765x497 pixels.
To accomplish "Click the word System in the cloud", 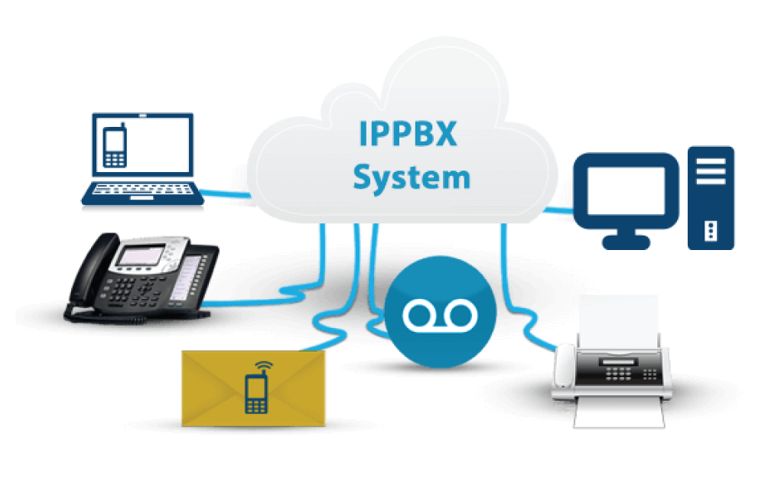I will [x=411, y=177].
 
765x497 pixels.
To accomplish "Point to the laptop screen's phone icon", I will [x=115, y=148].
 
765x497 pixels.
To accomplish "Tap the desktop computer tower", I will [x=711, y=197].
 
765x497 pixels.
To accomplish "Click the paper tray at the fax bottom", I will [x=620, y=413].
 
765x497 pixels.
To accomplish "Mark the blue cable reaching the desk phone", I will [x=229, y=302].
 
